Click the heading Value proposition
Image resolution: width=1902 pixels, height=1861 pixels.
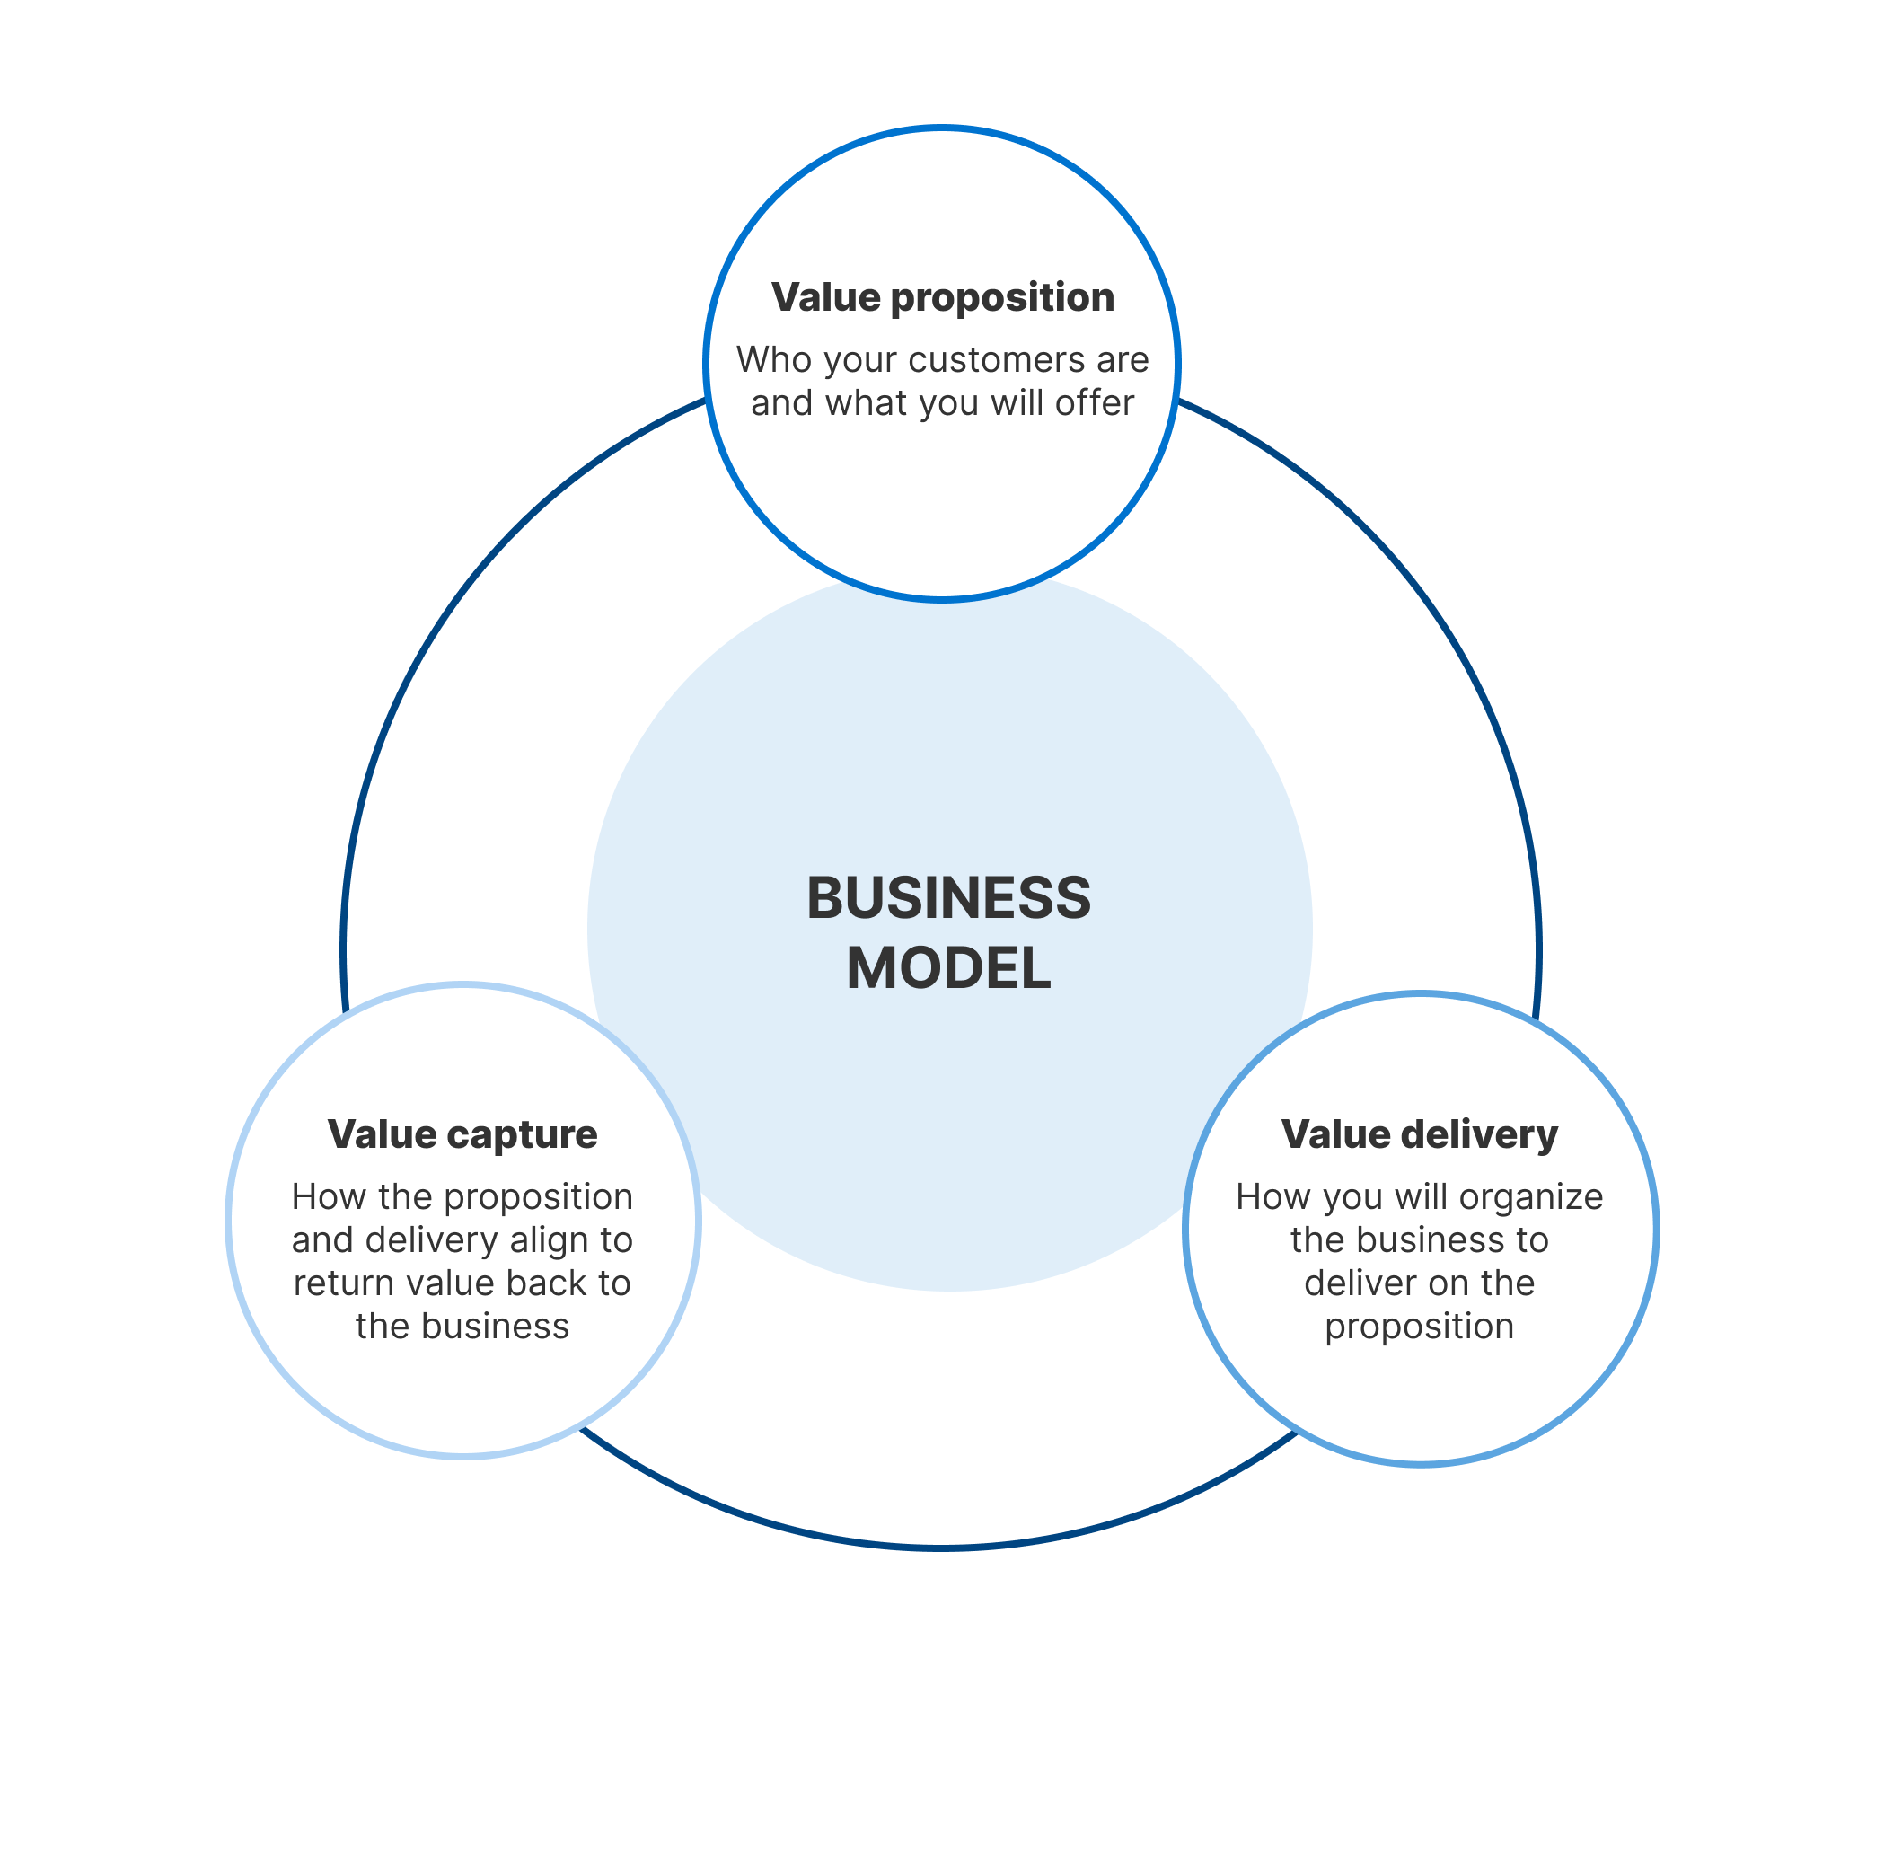[x=942, y=297]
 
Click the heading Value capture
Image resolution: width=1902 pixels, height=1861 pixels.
[x=462, y=1133]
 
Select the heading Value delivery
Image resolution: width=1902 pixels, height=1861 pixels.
[x=1419, y=1133]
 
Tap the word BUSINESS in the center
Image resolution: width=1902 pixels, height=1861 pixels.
[x=948, y=897]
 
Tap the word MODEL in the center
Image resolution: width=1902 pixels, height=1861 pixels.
[x=948, y=968]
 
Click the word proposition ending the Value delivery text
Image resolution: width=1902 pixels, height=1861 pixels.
[x=1419, y=1327]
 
